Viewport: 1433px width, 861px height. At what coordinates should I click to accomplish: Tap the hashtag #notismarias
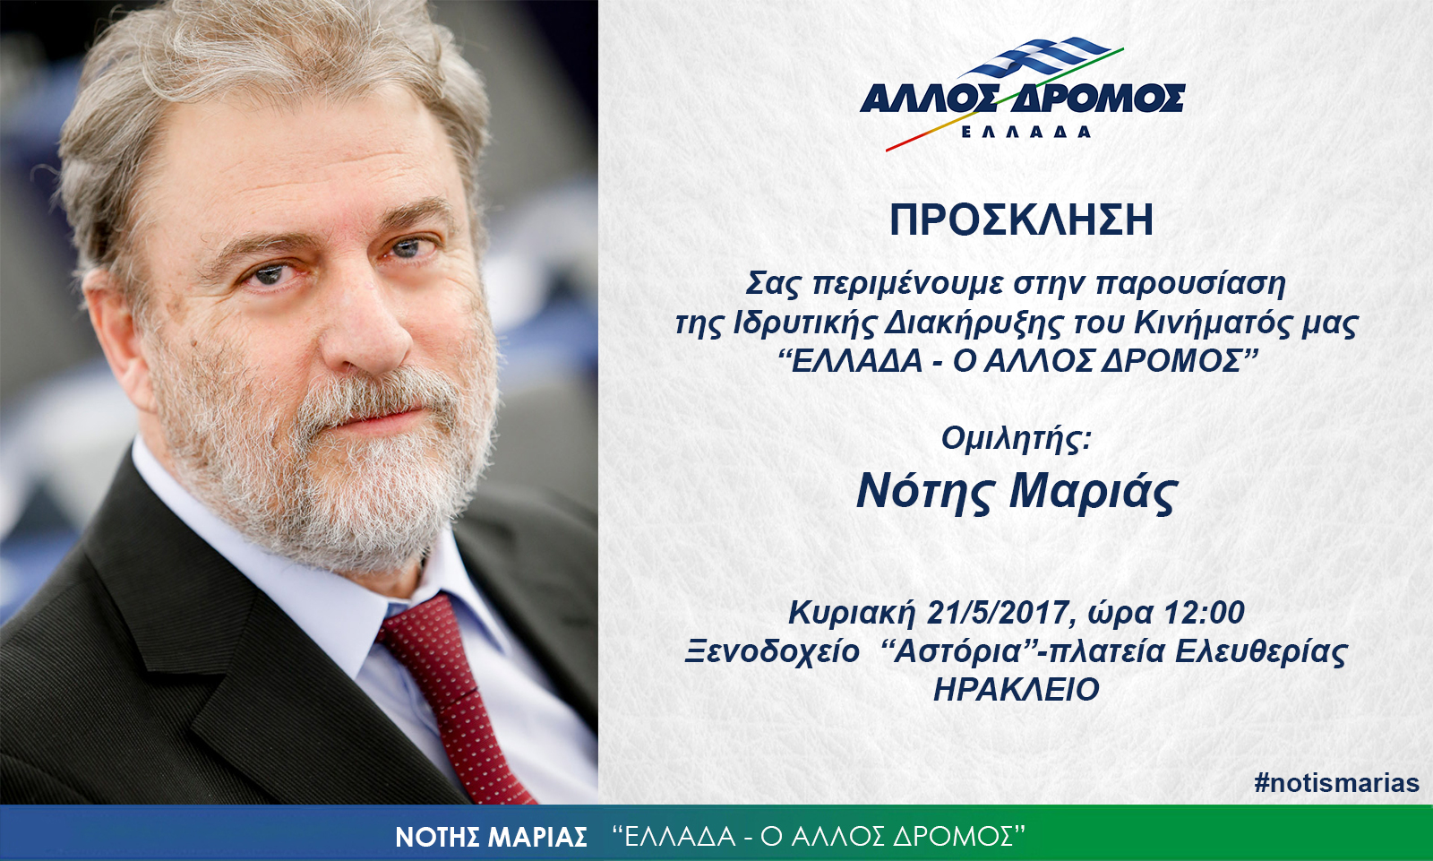[1336, 783]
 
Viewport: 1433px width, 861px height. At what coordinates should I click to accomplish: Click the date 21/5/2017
[999, 613]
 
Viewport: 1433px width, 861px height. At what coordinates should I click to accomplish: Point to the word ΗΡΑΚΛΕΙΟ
[1017, 690]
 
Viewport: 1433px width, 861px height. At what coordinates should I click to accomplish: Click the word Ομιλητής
[1016, 439]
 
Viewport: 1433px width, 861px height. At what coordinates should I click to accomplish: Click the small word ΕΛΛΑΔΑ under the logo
[1026, 132]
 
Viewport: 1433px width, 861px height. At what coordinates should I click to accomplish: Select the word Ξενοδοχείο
[771, 651]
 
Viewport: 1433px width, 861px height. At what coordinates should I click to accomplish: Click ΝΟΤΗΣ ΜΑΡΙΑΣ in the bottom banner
[492, 837]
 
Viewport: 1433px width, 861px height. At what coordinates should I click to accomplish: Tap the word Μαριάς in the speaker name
[1094, 492]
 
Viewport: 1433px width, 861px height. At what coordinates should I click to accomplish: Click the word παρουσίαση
[1190, 284]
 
